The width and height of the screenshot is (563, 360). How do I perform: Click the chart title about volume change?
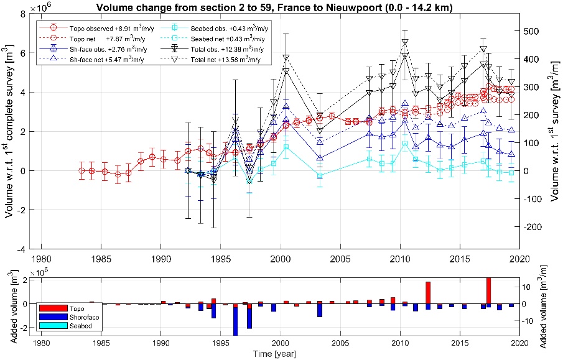click(279, 7)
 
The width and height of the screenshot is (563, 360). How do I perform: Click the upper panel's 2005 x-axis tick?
click(340, 258)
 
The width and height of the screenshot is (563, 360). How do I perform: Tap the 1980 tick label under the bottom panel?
click(42, 344)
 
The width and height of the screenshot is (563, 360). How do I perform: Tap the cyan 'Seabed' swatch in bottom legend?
click(52, 325)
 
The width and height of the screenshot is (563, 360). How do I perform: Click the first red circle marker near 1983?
click(81, 170)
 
